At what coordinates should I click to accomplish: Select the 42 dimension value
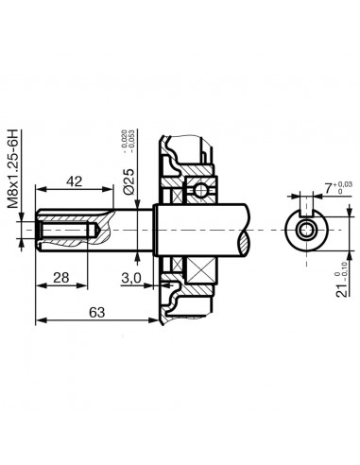click(x=76, y=180)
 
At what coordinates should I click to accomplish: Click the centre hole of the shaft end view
click(x=304, y=231)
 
